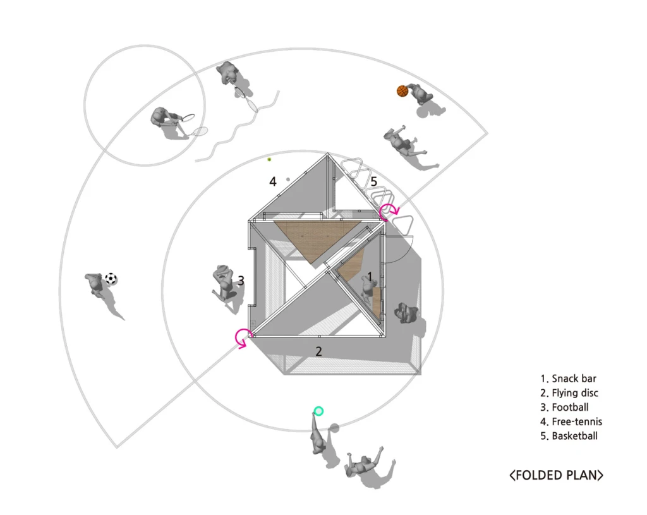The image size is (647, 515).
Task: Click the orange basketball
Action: tap(402, 91)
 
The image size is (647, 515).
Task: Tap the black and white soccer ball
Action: tap(111, 278)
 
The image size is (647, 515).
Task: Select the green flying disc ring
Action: tap(318, 411)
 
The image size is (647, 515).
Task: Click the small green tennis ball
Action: tap(269, 159)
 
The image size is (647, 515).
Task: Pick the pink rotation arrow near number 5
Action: tap(387, 212)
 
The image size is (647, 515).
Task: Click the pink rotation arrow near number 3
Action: tap(243, 338)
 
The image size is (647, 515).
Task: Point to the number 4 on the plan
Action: tap(273, 182)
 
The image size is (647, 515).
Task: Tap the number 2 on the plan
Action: tap(319, 351)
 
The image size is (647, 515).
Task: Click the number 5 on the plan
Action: tap(373, 182)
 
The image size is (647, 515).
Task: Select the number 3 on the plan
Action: tap(241, 281)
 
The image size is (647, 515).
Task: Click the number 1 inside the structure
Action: tap(370, 277)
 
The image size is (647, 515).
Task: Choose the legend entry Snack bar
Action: tap(568, 379)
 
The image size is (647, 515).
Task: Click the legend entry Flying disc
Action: tap(569, 393)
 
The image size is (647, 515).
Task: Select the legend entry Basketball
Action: tap(569, 436)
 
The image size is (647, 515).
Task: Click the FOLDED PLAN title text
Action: tap(556, 475)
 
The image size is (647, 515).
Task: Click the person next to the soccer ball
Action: tap(95, 284)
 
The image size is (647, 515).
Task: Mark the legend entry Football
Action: tap(564, 408)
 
